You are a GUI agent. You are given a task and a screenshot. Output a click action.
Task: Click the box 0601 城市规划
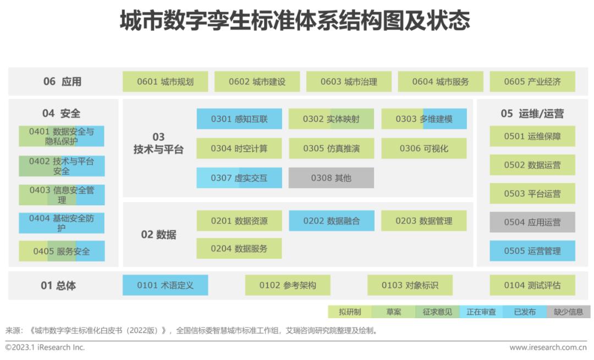pyautogui.click(x=165, y=81)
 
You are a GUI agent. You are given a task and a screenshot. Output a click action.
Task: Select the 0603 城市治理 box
pyautogui.click(x=349, y=81)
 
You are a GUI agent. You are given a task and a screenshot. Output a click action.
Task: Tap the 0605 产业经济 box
pyautogui.click(x=532, y=81)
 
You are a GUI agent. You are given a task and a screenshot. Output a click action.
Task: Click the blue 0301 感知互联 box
pyautogui.click(x=239, y=119)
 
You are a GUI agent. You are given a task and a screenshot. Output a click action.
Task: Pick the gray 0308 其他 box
pyautogui.click(x=331, y=178)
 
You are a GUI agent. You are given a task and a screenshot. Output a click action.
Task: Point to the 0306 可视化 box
pyautogui.click(x=424, y=148)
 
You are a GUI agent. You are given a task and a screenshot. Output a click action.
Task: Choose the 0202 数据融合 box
pyautogui.click(x=331, y=221)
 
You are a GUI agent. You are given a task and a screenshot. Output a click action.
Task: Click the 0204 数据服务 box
pyautogui.click(x=239, y=249)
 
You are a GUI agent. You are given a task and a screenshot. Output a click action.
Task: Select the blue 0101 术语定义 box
pyautogui.click(x=165, y=285)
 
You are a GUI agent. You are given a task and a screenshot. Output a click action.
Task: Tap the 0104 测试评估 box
pyautogui.click(x=532, y=285)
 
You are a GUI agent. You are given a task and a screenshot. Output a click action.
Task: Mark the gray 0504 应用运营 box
pyautogui.click(x=532, y=222)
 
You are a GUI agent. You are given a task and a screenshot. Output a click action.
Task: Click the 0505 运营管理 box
pyautogui.click(x=532, y=251)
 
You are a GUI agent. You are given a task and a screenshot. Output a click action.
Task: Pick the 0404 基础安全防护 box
pyautogui.click(x=62, y=222)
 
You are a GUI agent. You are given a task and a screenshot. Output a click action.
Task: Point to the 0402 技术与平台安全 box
pyautogui.click(x=62, y=166)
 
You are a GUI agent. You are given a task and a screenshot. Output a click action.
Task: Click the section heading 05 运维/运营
pyautogui.click(x=532, y=113)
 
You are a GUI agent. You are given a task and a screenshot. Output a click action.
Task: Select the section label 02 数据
pyautogui.click(x=158, y=234)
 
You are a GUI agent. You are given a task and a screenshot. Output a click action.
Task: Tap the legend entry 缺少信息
pyautogui.click(x=568, y=312)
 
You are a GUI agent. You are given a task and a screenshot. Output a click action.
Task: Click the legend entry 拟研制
pyautogui.click(x=350, y=312)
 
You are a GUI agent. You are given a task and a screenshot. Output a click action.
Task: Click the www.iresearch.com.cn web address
pyautogui.click(x=548, y=347)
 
